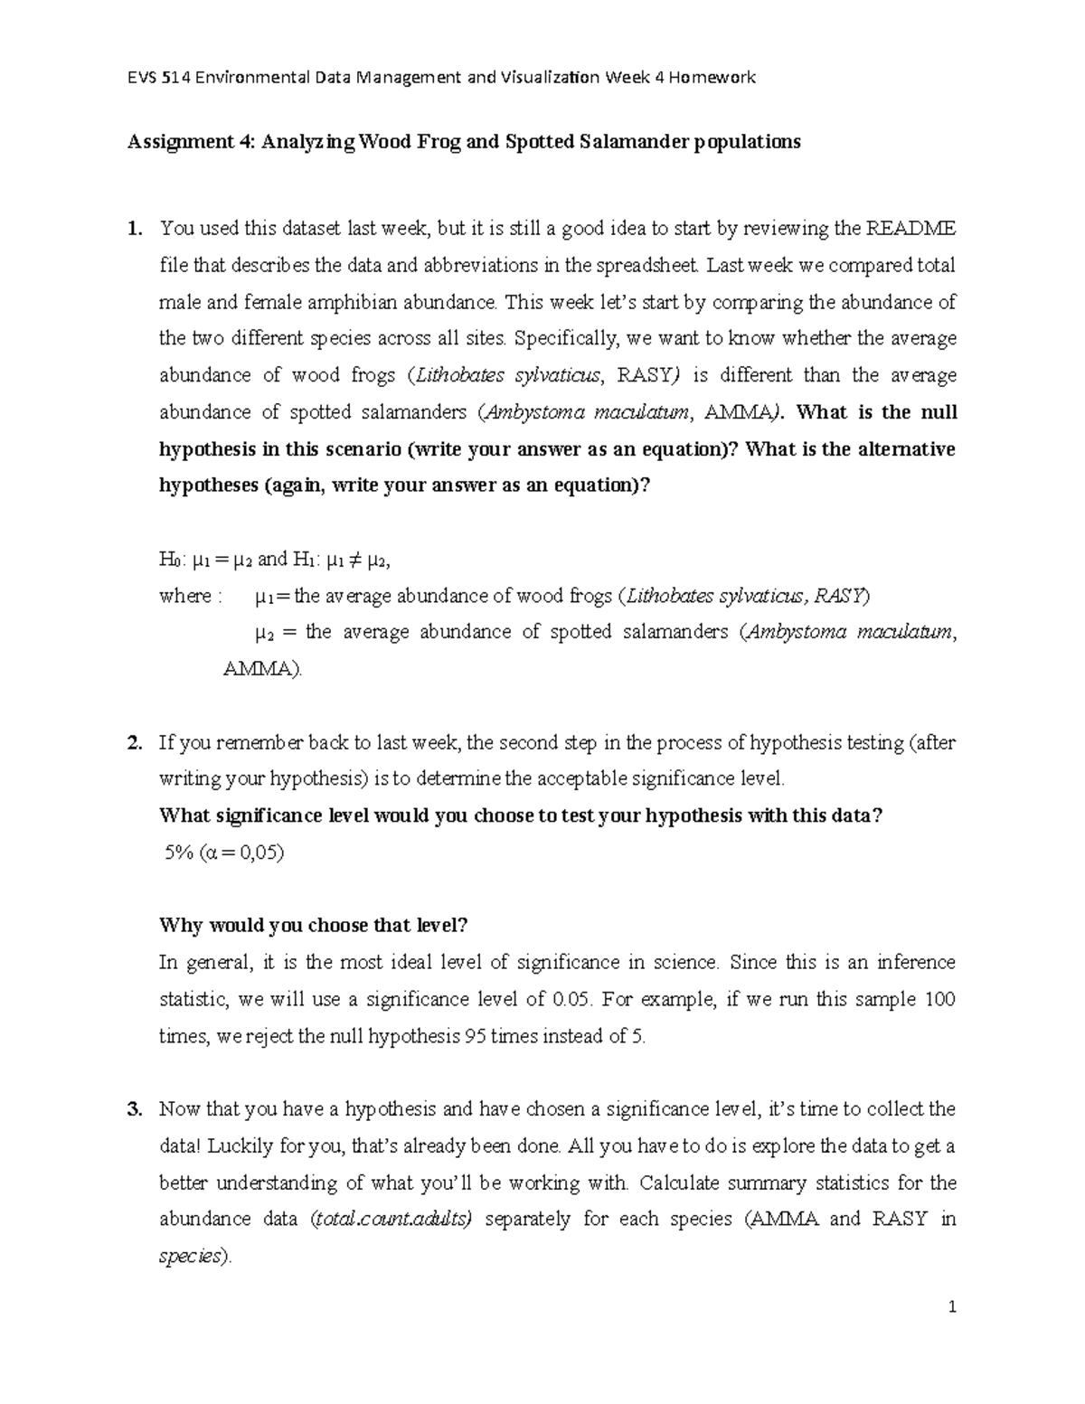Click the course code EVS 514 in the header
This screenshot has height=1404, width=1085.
159,77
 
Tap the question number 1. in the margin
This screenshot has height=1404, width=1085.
135,228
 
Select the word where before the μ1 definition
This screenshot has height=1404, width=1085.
184,597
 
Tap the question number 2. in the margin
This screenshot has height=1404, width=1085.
135,743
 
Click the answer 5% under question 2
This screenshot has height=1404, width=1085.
178,853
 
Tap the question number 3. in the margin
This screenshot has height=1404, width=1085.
135,1109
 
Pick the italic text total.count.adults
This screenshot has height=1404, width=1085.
391,1220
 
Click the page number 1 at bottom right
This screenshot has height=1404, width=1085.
952,1307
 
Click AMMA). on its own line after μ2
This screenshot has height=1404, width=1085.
264,670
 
